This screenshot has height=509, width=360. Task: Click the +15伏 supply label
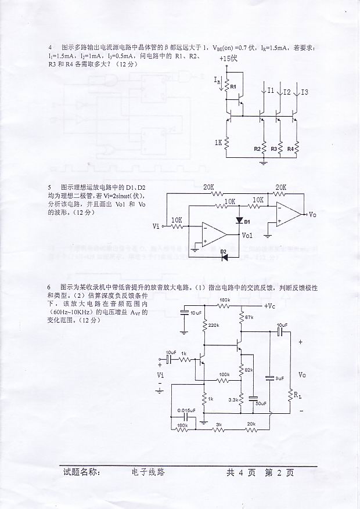click(x=229, y=59)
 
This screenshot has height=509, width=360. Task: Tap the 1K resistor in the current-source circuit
click(x=227, y=142)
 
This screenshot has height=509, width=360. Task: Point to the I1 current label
click(x=271, y=91)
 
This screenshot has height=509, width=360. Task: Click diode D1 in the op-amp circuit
click(x=239, y=221)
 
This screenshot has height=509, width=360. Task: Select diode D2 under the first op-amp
click(x=224, y=255)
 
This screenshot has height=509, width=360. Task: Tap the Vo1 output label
click(x=247, y=236)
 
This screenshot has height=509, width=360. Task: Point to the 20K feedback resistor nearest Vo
click(x=280, y=187)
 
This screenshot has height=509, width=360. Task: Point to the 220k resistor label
click(x=213, y=325)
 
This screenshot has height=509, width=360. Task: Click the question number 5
click(x=50, y=187)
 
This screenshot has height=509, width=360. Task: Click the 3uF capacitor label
click(x=279, y=378)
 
